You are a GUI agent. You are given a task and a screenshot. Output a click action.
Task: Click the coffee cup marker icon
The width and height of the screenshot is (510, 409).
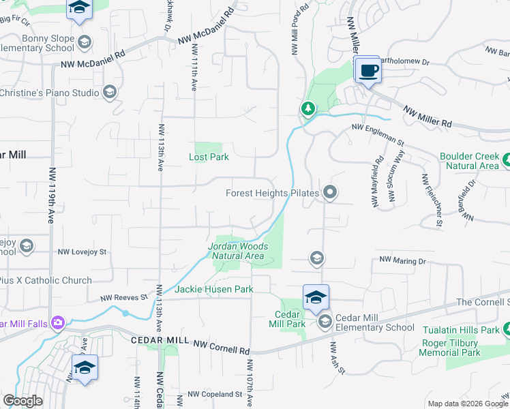[369, 71]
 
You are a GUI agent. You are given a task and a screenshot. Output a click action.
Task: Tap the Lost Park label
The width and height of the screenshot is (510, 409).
[209, 157]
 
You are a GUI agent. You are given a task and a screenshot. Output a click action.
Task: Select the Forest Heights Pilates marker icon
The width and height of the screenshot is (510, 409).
[330, 193]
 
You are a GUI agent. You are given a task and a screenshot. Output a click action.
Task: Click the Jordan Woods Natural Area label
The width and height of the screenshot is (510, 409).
[237, 251]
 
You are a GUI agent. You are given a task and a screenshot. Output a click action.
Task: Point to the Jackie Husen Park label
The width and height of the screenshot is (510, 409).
[214, 290]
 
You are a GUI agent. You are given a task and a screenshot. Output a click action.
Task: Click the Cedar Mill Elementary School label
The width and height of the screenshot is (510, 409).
[375, 327]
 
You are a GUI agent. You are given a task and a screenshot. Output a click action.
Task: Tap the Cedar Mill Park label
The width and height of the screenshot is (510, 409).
[290, 319]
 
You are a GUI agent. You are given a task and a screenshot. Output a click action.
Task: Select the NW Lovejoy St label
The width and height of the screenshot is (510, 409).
[82, 252]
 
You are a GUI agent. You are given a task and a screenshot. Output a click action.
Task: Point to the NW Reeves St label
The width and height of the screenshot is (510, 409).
[124, 297]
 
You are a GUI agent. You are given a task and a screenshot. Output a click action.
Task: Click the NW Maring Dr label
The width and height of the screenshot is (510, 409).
[402, 260]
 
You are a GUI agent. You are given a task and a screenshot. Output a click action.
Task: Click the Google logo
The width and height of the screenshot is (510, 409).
[23, 401]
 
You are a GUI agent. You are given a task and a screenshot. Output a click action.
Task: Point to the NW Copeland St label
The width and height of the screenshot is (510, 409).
[215, 394]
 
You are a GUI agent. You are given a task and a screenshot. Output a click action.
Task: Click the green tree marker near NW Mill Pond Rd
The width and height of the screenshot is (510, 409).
[308, 108]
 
